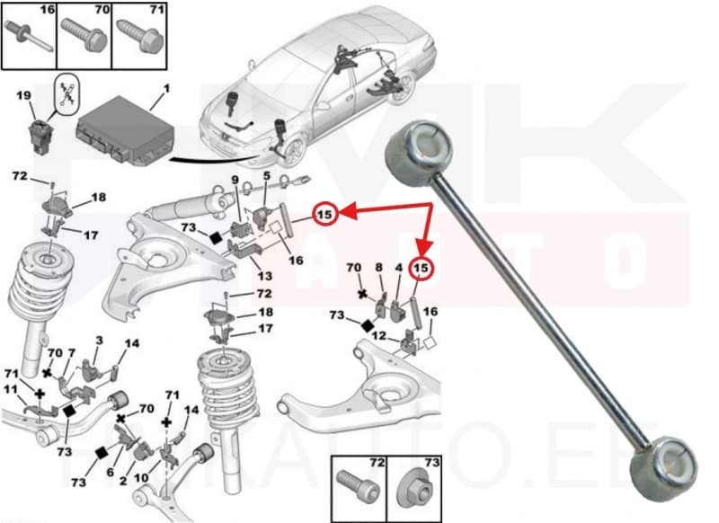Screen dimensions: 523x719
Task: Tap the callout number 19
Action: [x=23, y=95]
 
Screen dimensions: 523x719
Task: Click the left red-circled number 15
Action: [x=325, y=214]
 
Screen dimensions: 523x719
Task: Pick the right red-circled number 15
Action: [x=421, y=268]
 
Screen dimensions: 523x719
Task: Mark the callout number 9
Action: [x=235, y=180]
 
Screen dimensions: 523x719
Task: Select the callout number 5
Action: [x=265, y=176]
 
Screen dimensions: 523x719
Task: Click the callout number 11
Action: [x=10, y=389]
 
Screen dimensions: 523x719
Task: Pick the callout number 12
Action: [x=378, y=335]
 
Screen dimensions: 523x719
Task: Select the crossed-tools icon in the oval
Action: [x=65, y=95]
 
